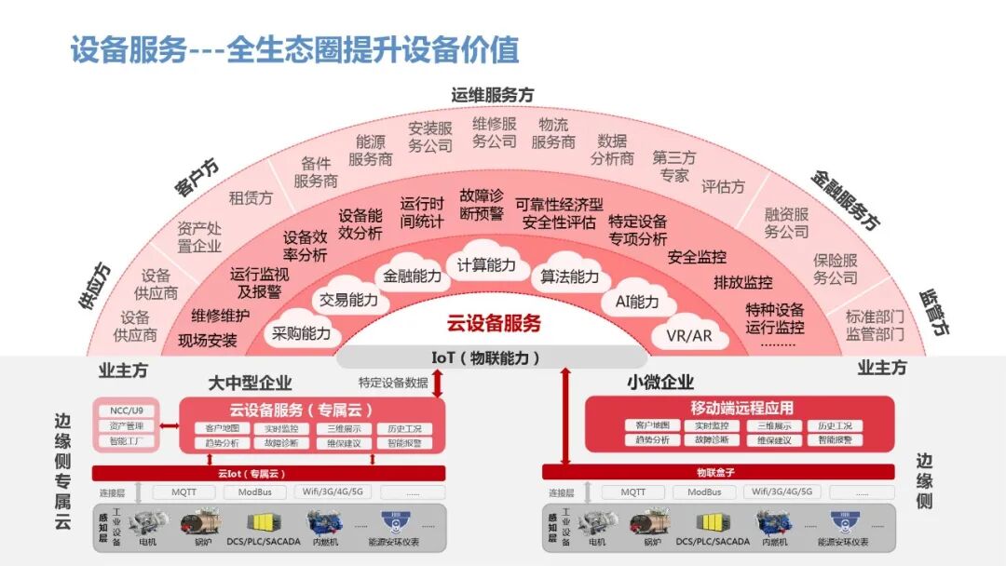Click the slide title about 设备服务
click(x=294, y=49)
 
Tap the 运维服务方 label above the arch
click(x=493, y=95)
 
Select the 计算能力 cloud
click(x=486, y=265)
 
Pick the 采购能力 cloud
click(x=301, y=333)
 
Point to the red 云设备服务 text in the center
click(x=494, y=324)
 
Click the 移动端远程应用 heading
click(x=741, y=408)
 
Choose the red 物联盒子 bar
click(x=717, y=472)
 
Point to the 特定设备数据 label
click(x=393, y=382)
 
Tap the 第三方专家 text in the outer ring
click(x=673, y=166)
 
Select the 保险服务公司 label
click(x=835, y=270)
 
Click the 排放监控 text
click(x=742, y=282)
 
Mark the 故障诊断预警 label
click(x=481, y=205)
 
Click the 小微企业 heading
click(x=661, y=382)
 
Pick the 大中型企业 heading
click(x=250, y=382)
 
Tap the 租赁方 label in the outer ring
click(x=251, y=198)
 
